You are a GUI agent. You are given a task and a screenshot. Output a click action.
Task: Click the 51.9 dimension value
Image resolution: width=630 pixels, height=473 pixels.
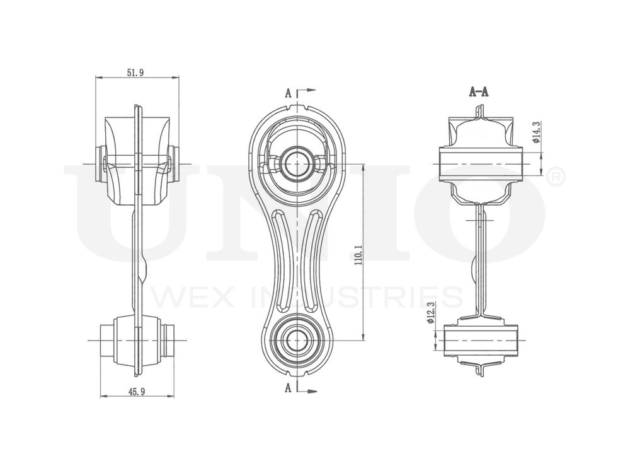coord(135,73)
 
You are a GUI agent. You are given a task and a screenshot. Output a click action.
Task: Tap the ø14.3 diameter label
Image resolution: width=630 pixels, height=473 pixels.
coord(535,133)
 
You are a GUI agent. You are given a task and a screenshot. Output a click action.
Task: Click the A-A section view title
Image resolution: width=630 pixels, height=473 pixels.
coord(479,92)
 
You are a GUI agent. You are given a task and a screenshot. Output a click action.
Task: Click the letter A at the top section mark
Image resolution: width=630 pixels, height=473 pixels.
coord(288,93)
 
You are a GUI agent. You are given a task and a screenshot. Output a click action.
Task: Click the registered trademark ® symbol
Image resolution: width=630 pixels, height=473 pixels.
coord(554,177)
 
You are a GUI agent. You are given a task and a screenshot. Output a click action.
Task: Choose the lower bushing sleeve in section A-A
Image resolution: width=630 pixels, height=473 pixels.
coord(479,341)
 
